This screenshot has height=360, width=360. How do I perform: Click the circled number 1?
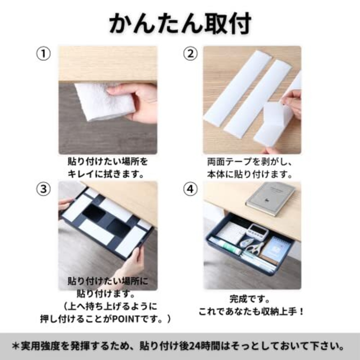(x=43, y=54)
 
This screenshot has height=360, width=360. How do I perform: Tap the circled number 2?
(x=190, y=54)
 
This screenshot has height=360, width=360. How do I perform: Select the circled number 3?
(x=43, y=189)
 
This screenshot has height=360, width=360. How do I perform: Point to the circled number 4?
(x=190, y=189)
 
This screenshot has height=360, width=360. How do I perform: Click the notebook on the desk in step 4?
(x=271, y=199)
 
